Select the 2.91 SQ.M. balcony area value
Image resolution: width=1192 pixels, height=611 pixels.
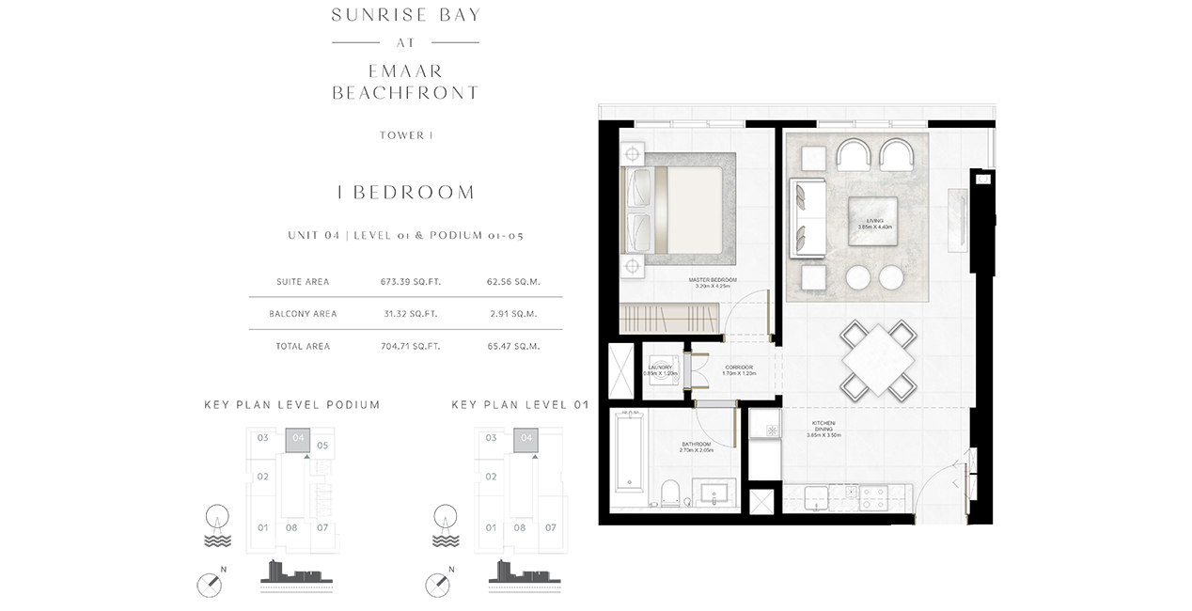coord(512,314)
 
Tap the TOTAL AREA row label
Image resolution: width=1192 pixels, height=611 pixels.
coord(303,346)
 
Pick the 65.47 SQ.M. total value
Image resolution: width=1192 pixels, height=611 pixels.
coord(512,346)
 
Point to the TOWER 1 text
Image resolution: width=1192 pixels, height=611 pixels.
coord(406,135)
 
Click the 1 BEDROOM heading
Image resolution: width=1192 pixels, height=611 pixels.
coord(406,193)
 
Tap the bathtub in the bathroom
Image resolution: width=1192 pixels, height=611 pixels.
coord(627,451)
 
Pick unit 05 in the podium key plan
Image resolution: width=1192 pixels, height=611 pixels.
coord(322,445)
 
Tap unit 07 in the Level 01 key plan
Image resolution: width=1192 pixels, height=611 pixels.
coord(551,527)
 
